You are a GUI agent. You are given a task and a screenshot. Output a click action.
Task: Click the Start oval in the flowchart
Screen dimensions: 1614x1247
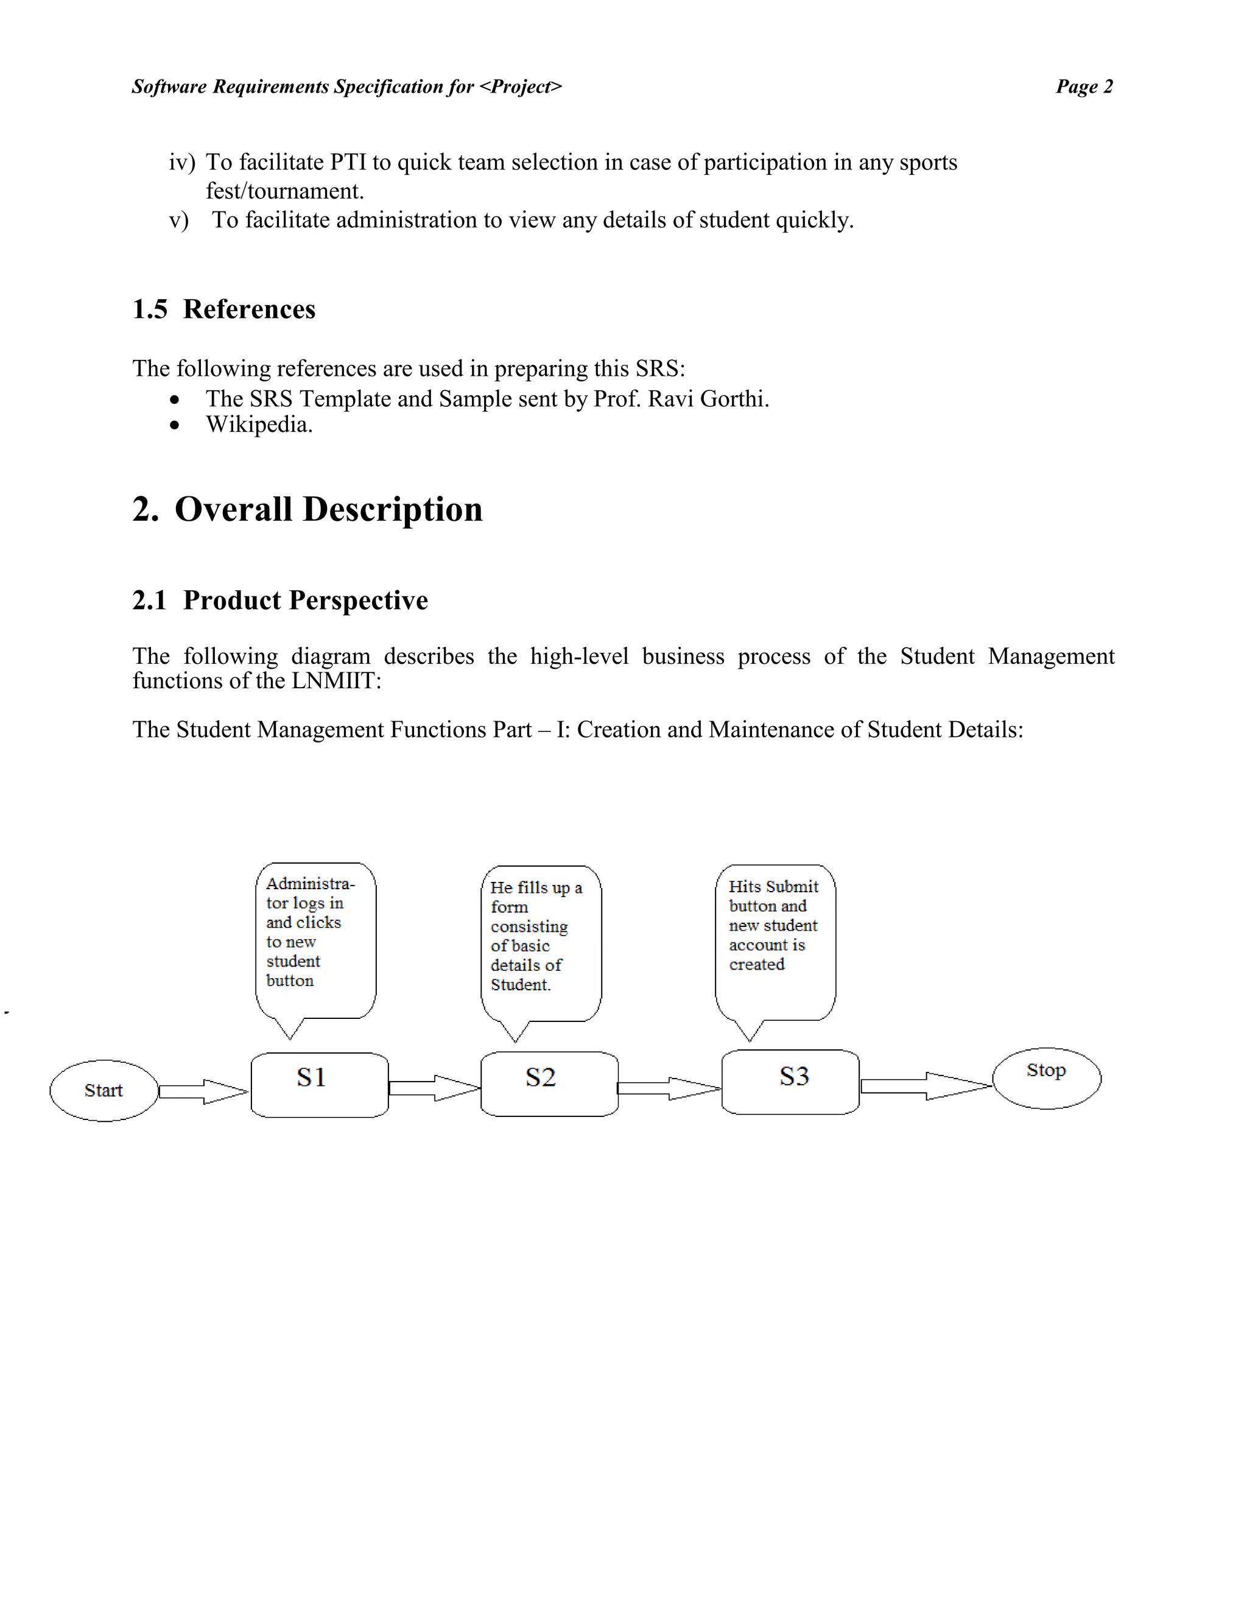pos(104,1091)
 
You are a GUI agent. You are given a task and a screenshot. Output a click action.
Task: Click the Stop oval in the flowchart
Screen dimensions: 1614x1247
pos(1046,1078)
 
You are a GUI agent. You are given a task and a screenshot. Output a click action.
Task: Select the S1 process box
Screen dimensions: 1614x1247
pos(319,1085)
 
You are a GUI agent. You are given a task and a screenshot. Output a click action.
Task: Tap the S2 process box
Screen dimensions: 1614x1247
pos(549,1084)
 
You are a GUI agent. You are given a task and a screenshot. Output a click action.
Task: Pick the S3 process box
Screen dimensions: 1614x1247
pos(790,1082)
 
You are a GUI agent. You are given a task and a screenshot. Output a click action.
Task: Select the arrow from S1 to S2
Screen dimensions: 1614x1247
pos(434,1088)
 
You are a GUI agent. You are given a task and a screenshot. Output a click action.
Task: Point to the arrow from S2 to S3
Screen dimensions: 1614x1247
pos(668,1088)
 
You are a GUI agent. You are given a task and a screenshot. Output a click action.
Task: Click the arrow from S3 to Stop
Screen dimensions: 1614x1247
pos(925,1085)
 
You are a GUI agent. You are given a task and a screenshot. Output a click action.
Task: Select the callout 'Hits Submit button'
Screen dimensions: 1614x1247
pos(775,942)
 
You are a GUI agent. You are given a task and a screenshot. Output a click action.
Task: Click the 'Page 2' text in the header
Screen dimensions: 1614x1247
pos(1084,86)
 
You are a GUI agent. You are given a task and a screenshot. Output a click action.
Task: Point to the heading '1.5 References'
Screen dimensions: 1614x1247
pos(224,309)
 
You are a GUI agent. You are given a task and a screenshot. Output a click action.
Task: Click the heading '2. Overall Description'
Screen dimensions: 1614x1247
pos(307,509)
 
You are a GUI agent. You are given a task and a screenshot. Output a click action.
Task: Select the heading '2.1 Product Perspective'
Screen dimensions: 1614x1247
pos(280,600)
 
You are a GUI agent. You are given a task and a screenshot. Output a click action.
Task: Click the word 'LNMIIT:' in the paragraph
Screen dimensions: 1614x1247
pos(336,681)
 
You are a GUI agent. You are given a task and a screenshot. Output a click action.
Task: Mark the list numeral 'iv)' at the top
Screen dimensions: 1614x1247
pos(181,163)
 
